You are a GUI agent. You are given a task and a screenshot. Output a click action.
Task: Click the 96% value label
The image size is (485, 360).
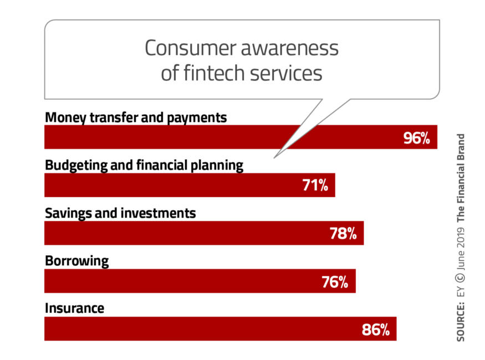coord(417,138)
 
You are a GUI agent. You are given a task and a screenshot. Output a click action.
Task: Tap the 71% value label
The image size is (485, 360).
coord(315,185)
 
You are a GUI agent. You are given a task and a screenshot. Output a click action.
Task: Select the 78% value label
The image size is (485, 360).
coord(343,234)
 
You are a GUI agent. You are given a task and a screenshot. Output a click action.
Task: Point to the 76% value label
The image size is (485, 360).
coord(335,282)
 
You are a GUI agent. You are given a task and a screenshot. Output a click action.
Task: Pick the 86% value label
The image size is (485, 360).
coord(376,330)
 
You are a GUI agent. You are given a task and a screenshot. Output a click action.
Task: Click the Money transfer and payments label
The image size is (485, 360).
coord(136,118)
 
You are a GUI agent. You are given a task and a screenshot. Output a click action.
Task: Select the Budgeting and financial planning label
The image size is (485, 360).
coord(144,165)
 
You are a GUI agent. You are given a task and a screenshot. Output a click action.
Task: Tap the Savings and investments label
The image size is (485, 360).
coord(120,213)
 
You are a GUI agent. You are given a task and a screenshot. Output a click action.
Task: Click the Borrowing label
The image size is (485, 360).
coord(76,261)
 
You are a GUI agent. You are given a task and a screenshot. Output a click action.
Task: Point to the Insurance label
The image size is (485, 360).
coord(74,308)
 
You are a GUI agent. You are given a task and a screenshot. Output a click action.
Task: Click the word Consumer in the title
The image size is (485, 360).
coord(190,48)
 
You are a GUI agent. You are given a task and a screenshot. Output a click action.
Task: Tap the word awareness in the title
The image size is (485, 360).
coord(289,48)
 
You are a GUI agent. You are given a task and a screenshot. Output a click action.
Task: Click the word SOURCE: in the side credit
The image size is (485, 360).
coord(461,321)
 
